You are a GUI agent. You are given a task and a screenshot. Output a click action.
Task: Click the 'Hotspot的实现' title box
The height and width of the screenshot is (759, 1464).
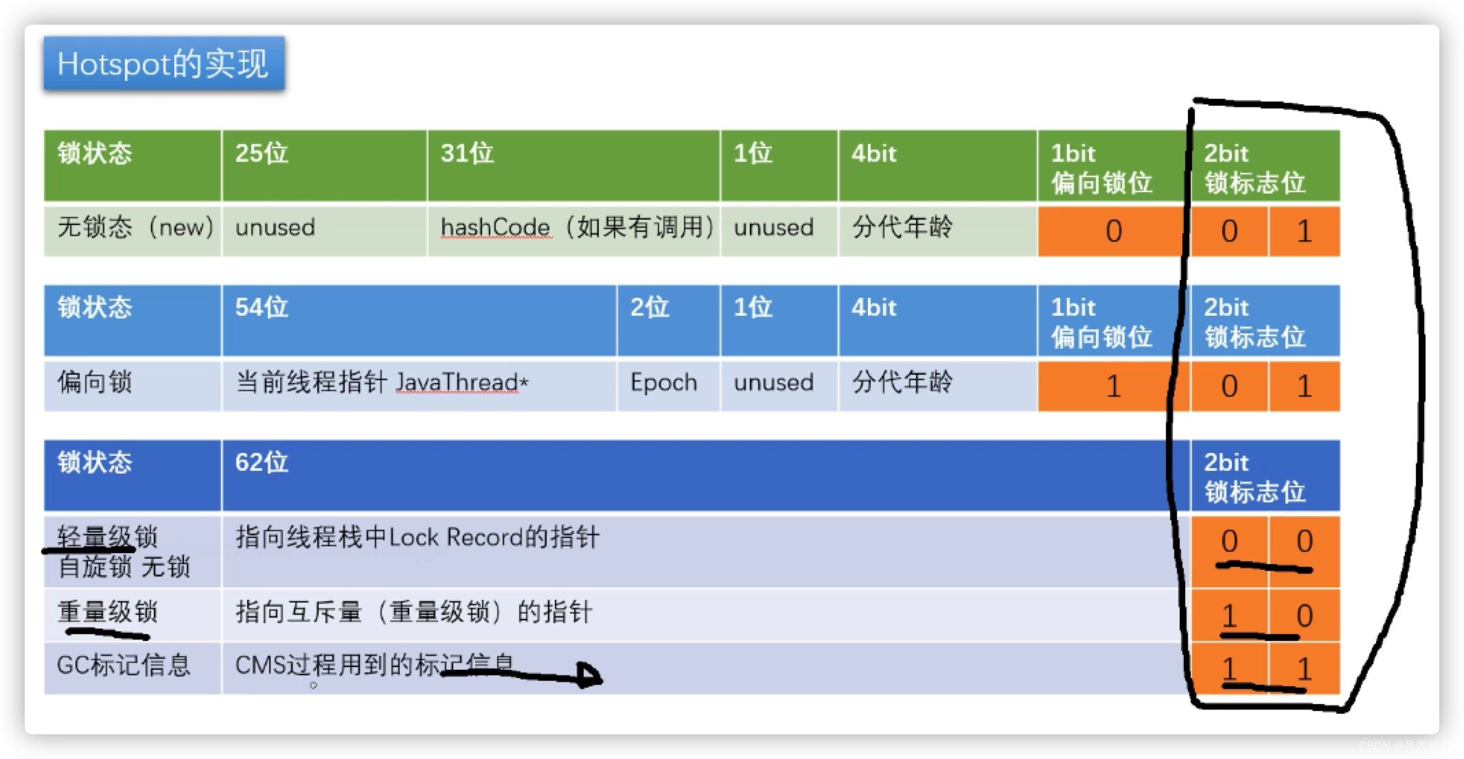[x=163, y=64]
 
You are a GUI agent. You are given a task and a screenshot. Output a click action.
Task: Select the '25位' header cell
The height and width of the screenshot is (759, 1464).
[x=324, y=165]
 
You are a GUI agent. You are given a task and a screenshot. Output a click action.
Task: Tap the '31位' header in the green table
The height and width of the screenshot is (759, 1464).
[x=573, y=165]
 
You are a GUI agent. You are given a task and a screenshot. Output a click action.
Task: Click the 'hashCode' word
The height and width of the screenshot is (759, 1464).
[x=495, y=227]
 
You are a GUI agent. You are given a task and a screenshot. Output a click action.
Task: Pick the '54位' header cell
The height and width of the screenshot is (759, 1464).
[x=419, y=320]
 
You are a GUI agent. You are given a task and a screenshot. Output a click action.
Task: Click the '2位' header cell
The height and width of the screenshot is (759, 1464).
[x=668, y=320]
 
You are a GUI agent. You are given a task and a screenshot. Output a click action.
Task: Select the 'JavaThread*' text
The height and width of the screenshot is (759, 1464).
[x=461, y=382]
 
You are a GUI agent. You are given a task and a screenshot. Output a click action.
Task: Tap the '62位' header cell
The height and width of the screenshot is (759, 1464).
[x=705, y=476]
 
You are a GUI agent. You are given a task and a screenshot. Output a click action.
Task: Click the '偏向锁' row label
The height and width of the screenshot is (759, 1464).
[x=94, y=382]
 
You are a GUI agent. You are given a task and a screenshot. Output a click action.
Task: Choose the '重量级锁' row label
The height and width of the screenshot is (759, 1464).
[x=107, y=611]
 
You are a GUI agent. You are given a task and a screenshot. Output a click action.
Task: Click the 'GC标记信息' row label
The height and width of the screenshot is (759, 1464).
[x=124, y=665]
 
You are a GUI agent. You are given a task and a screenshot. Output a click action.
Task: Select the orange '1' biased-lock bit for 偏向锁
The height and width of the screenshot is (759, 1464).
[x=1113, y=386]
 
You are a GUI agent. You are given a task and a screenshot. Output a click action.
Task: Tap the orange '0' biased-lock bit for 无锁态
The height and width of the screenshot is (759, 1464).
[x=1113, y=231]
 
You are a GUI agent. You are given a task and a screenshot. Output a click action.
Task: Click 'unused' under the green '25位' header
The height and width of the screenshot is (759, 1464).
[x=275, y=227]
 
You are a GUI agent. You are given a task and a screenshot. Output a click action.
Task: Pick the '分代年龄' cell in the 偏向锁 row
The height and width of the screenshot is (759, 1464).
[x=902, y=382]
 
